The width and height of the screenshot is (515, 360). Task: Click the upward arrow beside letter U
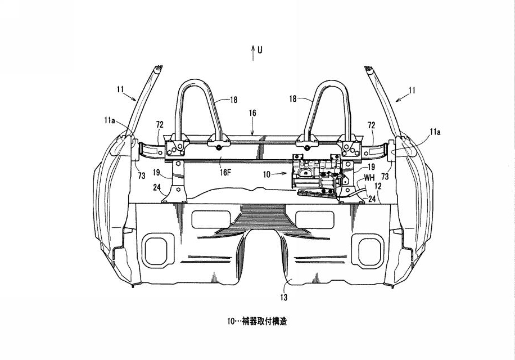pyautogui.click(x=253, y=53)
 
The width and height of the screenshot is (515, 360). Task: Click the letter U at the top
pyautogui.click(x=260, y=50)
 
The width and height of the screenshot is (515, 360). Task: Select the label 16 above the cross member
pyautogui.click(x=252, y=113)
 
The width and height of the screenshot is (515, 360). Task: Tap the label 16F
pyautogui.click(x=225, y=173)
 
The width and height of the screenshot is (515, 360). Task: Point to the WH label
pyautogui.click(x=369, y=178)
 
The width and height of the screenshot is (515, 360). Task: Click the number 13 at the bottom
pyautogui.click(x=284, y=298)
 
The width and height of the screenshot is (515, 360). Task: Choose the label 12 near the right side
pyautogui.click(x=378, y=186)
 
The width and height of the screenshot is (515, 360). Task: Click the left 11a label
pyautogui.click(x=110, y=120)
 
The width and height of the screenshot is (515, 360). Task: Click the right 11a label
pyautogui.click(x=435, y=132)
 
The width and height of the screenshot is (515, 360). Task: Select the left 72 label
pyautogui.click(x=160, y=125)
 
